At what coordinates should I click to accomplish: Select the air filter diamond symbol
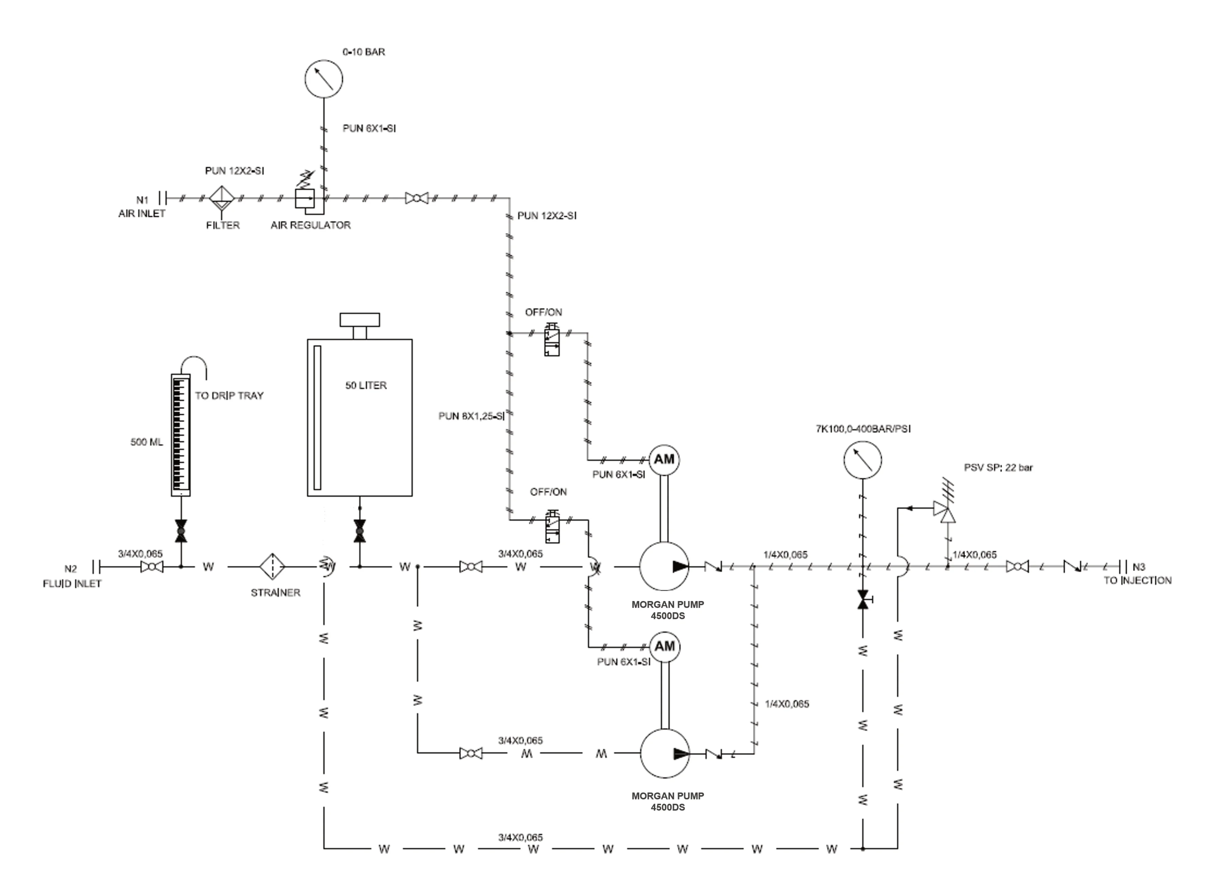222,199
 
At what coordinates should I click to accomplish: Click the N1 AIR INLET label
142,207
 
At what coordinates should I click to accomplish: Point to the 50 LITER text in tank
366,385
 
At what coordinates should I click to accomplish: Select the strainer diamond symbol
272,567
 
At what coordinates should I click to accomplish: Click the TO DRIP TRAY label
229,396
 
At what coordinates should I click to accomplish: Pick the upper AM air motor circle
664,460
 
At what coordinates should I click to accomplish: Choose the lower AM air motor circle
664,647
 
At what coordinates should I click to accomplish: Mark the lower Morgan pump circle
664,753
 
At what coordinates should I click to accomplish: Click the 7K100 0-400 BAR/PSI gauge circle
862,460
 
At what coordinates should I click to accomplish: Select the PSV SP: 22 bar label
998,467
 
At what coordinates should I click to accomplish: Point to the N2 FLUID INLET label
72,576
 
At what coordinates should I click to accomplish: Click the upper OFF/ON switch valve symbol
552,339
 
